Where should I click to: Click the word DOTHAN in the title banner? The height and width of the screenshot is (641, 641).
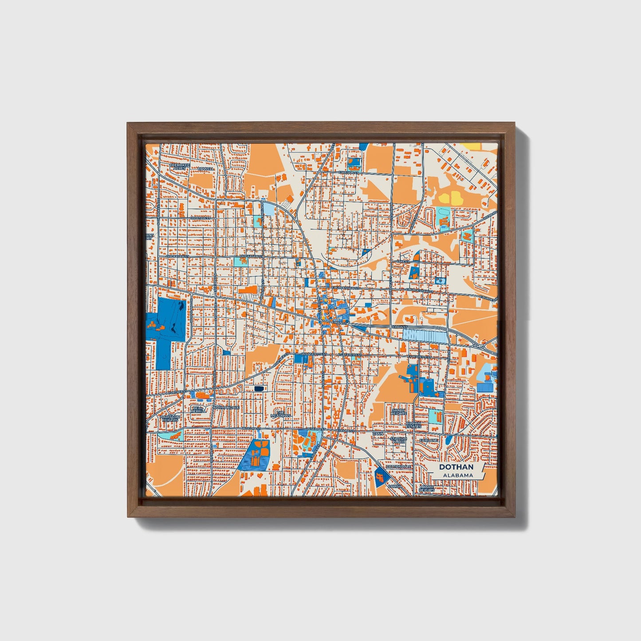[456, 467]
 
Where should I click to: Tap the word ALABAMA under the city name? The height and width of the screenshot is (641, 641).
[457, 475]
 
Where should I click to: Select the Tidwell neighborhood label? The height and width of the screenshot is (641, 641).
[206, 169]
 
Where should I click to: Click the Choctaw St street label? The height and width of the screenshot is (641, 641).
[200, 218]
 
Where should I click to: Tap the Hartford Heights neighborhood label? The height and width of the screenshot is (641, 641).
[170, 419]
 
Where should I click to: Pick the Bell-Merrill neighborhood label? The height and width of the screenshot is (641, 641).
[198, 409]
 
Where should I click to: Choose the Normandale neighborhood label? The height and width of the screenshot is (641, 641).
[227, 407]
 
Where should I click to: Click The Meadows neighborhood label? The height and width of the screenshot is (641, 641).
[280, 413]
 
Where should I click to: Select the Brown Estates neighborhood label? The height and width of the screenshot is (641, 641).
[413, 425]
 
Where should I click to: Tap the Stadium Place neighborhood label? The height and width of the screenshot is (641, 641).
[398, 440]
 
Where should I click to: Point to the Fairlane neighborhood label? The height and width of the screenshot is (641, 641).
[430, 440]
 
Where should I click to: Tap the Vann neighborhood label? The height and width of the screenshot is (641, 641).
[378, 433]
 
